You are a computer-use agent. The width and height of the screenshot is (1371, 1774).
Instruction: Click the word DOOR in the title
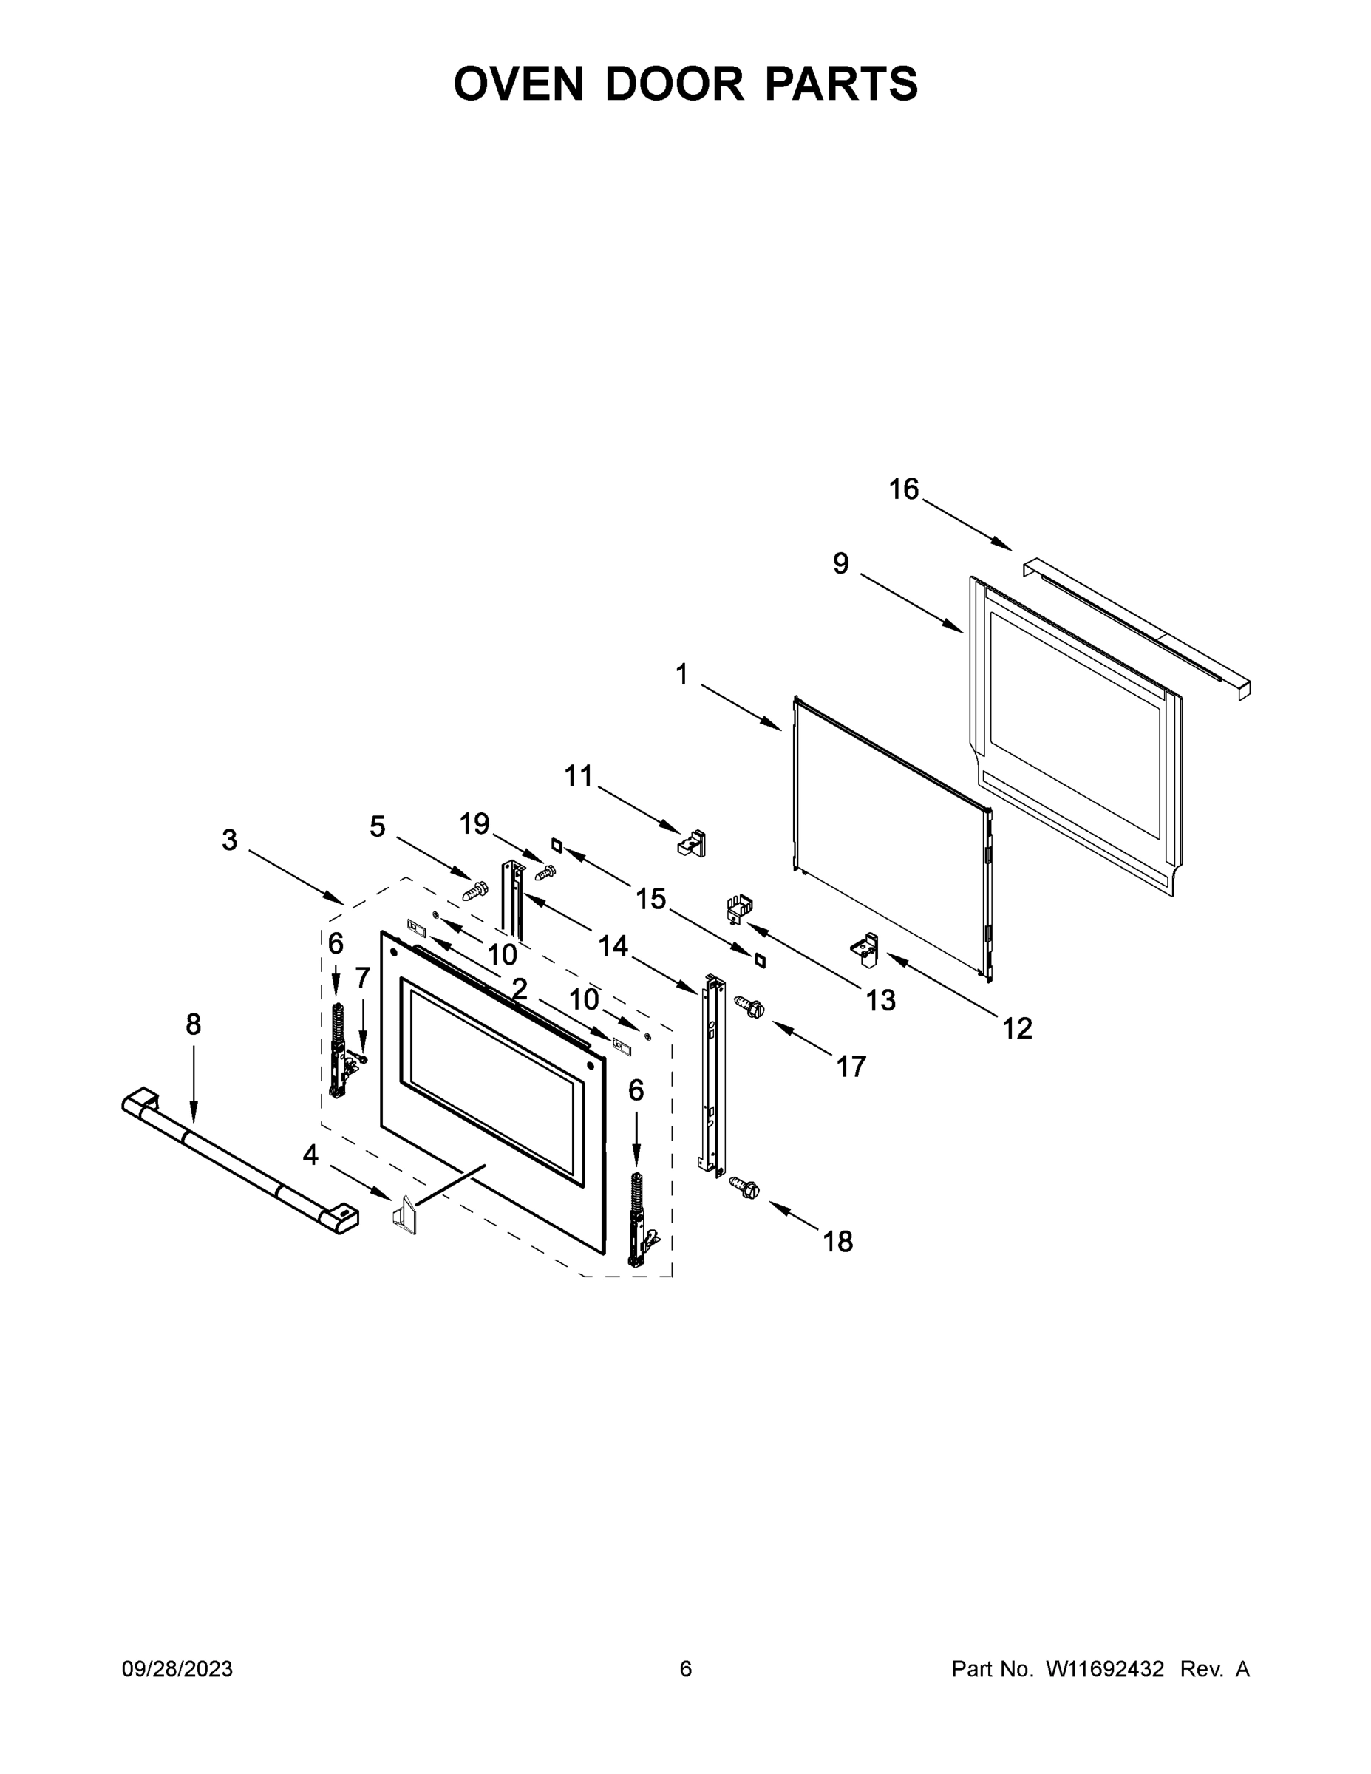673,84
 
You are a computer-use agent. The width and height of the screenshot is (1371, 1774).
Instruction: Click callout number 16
903,489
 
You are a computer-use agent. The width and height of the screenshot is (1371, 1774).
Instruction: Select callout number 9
840,563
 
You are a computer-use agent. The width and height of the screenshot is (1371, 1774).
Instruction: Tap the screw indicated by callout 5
475,891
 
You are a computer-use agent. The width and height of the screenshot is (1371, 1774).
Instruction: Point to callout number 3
230,840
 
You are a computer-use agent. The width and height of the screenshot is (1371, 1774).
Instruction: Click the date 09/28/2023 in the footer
177,1668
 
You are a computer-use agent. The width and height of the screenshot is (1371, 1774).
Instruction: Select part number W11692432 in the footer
1105,1668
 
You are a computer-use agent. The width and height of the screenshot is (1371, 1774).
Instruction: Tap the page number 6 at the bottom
686,1668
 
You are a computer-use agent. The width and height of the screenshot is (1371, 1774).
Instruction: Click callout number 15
650,898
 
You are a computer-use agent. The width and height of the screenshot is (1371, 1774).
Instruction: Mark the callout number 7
362,977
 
